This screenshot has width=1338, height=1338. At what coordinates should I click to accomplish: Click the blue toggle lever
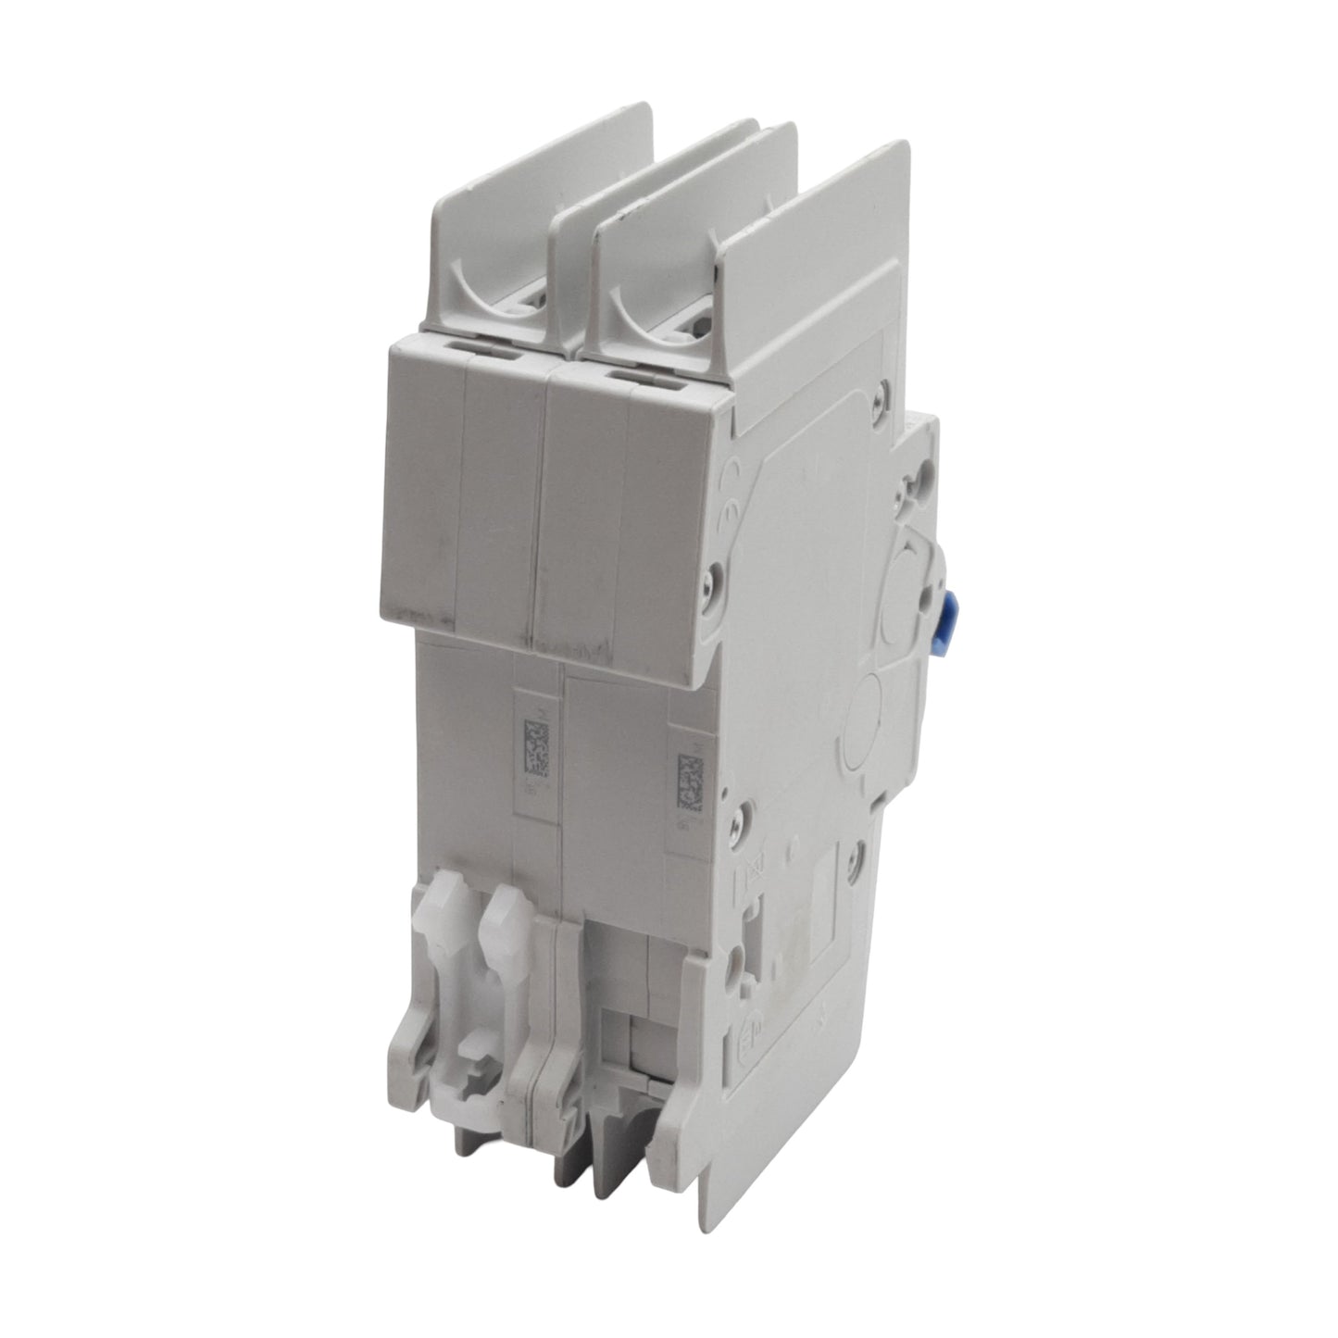(x=947, y=615)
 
